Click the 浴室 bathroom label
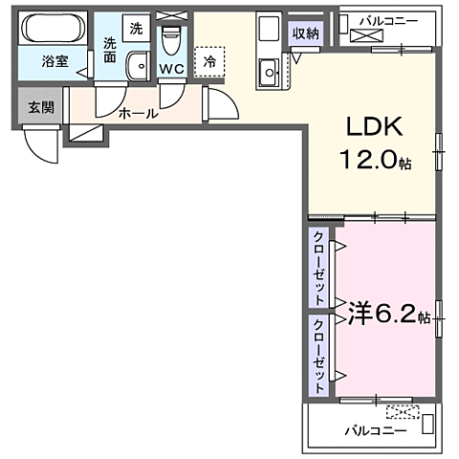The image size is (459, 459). tap(54, 62)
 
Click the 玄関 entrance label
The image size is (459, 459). tap(40, 107)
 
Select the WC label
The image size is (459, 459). tap(172, 69)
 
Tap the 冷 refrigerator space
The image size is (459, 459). tap(209, 61)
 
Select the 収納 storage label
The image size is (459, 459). tap(305, 34)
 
